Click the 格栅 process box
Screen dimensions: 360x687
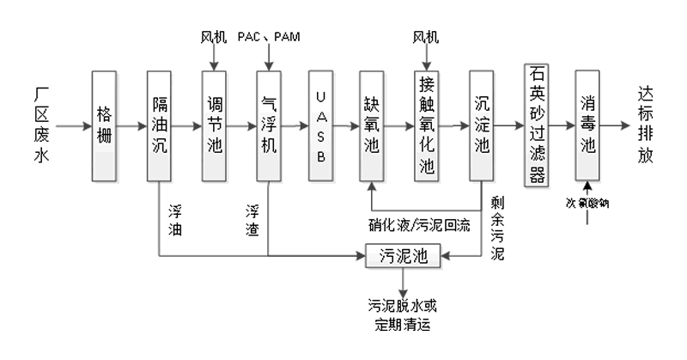(x=105, y=125)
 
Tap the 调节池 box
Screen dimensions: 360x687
(x=214, y=125)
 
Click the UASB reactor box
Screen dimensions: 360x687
(x=321, y=125)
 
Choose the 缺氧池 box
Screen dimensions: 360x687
(x=371, y=125)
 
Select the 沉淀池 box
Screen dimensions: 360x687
(x=482, y=125)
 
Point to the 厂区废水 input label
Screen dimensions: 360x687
(x=44, y=125)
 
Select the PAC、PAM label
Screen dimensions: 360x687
(x=270, y=37)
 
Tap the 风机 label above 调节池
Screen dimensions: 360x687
(x=214, y=37)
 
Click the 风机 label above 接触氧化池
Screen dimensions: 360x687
(x=426, y=37)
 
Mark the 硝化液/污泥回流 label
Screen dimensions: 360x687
(x=427, y=225)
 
